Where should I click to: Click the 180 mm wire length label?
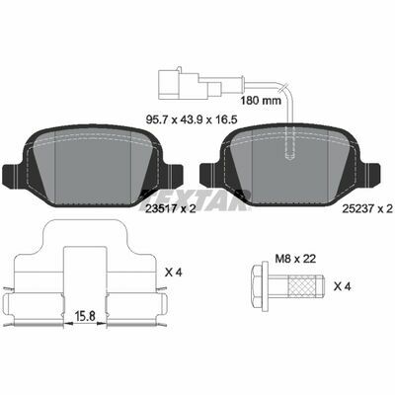261,100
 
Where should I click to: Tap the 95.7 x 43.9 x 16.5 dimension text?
192,119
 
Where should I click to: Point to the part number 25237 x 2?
367,208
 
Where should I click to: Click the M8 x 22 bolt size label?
295,259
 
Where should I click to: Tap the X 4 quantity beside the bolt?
343,286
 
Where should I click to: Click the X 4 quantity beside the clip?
174,272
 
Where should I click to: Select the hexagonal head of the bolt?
260,286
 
